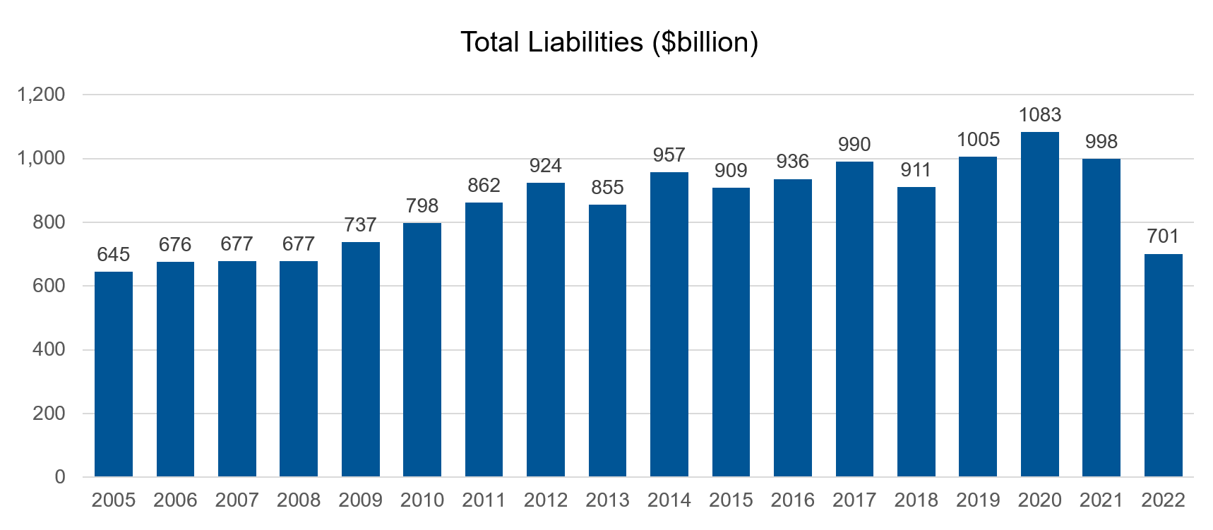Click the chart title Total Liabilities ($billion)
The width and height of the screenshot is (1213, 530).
pos(609,42)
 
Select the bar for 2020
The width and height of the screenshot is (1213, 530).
pos(1039,304)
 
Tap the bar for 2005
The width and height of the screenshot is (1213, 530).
pos(114,374)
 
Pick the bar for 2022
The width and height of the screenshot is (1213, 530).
pos(1163,366)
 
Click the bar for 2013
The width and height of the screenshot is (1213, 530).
pos(607,341)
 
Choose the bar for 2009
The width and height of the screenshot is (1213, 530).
pos(360,359)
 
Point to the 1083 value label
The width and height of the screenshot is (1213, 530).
pos(1039,115)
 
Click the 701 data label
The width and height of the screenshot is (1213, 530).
pos(1163,236)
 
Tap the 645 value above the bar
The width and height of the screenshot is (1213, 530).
pos(114,255)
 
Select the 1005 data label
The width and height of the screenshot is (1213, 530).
pos(978,140)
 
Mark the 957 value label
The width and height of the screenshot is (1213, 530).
pos(669,155)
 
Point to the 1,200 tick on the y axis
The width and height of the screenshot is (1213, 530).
pos(41,95)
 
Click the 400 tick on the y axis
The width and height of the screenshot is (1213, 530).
pos(49,349)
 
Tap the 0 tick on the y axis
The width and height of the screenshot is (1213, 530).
pos(60,477)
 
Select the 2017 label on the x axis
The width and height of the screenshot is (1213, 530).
pos(854,500)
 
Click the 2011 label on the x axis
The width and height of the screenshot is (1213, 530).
pos(484,500)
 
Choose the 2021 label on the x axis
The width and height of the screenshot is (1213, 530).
pos(1101,500)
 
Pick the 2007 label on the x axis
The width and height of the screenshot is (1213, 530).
pos(237,500)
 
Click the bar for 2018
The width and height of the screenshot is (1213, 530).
pos(916,332)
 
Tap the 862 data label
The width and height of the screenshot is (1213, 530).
pos(484,186)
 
